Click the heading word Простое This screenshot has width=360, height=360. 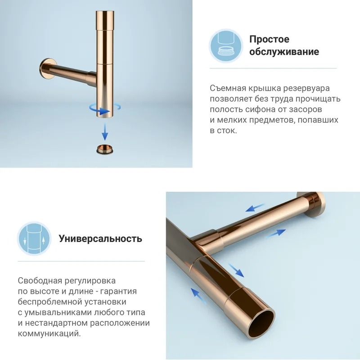(x=269, y=39)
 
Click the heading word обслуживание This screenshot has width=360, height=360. (x=284, y=52)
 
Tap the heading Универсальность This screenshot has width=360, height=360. (x=100, y=238)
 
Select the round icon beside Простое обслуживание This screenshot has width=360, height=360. (x=226, y=46)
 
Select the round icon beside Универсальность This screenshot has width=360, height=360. (x=35, y=239)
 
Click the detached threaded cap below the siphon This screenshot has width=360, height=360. (x=105, y=149)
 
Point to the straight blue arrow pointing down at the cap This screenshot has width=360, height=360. (x=105, y=131)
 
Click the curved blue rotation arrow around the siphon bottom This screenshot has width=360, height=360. (x=105, y=109)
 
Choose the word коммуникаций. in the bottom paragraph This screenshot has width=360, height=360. (x=49, y=333)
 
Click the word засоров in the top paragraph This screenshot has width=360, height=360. (x=306, y=109)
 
